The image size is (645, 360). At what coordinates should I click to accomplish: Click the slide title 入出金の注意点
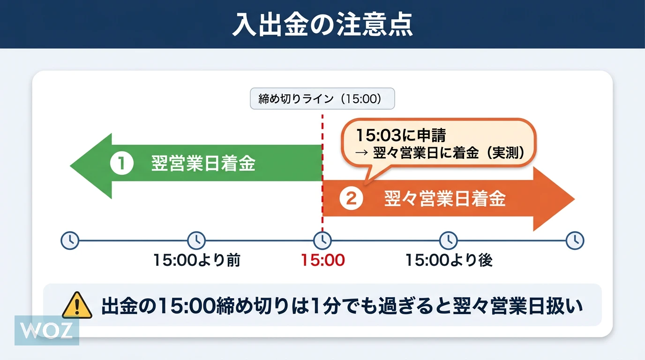click(x=322, y=24)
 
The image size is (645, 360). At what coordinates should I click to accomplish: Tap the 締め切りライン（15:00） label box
click(x=322, y=98)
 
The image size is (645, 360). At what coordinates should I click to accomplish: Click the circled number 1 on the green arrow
click(x=122, y=163)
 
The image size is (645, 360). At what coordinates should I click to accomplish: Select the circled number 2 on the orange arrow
click(x=351, y=198)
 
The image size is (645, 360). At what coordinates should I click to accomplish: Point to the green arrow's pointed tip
click(x=70, y=166)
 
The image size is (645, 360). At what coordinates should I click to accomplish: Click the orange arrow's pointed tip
click(x=575, y=199)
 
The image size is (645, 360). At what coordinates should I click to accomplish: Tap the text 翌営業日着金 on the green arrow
click(x=203, y=164)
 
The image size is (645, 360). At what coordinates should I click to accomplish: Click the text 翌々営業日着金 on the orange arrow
click(x=445, y=198)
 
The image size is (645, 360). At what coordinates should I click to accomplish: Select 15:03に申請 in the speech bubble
click(x=401, y=135)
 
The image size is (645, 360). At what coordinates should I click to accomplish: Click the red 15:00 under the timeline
click(x=322, y=260)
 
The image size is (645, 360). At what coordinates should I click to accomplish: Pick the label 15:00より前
click(x=197, y=260)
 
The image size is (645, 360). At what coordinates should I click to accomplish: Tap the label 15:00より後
click(x=449, y=260)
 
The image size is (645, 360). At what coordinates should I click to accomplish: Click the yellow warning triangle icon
click(x=77, y=305)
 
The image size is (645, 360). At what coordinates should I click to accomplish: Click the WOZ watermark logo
click(x=47, y=330)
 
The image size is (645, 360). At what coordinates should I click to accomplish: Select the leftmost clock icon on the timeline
click(x=70, y=240)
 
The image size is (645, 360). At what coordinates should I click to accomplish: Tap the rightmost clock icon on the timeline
click(x=575, y=240)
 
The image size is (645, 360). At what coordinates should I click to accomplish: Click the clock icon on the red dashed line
click(x=322, y=240)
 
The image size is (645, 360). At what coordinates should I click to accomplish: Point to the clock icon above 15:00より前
click(x=196, y=240)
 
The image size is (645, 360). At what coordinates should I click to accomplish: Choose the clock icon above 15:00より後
click(x=449, y=240)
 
